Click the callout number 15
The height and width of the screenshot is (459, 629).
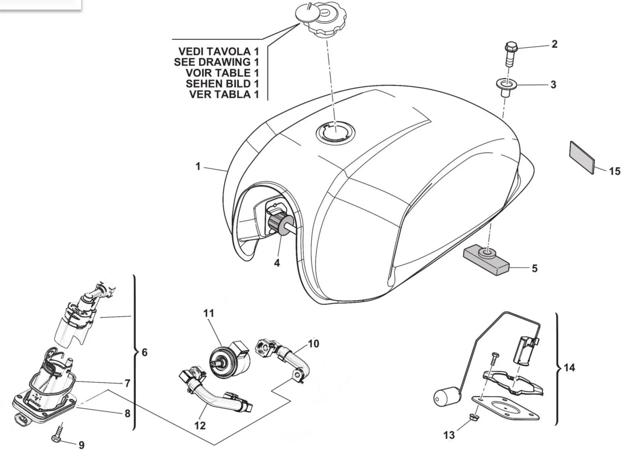615,171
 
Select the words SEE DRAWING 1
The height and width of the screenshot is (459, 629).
216,62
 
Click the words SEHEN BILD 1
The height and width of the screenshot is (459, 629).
222,83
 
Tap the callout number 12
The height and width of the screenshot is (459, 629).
200,426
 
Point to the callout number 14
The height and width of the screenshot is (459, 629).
569,367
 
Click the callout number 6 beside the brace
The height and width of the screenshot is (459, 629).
144,352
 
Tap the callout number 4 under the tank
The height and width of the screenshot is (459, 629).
277,263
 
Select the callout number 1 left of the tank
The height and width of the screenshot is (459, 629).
198,166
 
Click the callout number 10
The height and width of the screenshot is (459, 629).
313,343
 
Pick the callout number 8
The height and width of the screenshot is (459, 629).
127,413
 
